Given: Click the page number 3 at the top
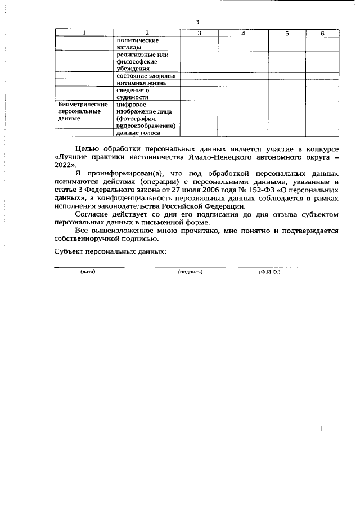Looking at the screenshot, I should coord(197,22).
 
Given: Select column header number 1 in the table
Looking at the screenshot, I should coord(84,34).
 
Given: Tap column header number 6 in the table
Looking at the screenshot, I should coord(322,34).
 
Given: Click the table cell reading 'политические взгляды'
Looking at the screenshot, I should coord(137,44).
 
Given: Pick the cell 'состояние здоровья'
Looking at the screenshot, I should coord(146,76).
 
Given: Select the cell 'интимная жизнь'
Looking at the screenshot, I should coord(141,83).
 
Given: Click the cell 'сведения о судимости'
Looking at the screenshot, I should coord(133,93).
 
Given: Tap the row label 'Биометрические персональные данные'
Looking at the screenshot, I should coord(83,112).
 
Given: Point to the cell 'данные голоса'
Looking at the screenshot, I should coord(138,133).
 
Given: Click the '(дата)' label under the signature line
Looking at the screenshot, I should coord(88,272).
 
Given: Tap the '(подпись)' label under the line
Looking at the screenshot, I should coord(190,272).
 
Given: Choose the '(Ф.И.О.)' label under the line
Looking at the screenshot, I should coord(269,272).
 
